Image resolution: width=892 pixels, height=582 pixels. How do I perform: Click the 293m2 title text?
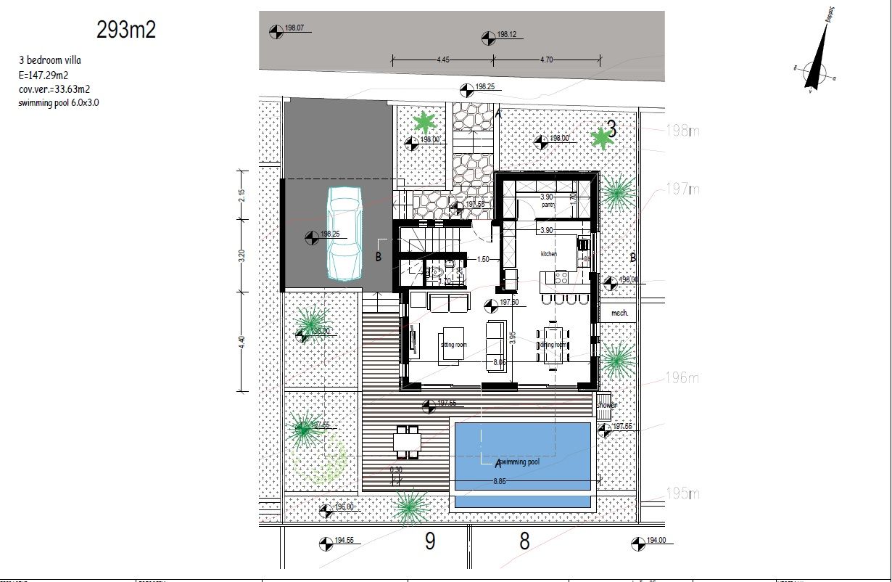(x=126, y=30)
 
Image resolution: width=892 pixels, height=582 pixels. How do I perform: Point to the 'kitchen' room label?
(x=549, y=254)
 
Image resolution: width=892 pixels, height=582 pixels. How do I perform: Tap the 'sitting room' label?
(x=453, y=345)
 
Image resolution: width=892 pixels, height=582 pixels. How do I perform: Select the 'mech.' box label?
(x=619, y=313)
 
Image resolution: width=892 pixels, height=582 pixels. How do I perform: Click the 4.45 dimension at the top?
(x=443, y=60)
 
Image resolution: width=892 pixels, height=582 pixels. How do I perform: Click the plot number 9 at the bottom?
(x=430, y=541)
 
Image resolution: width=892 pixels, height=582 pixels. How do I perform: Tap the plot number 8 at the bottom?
(x=524, y=541)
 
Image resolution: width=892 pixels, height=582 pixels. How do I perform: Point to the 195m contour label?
(x=682, y=494)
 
